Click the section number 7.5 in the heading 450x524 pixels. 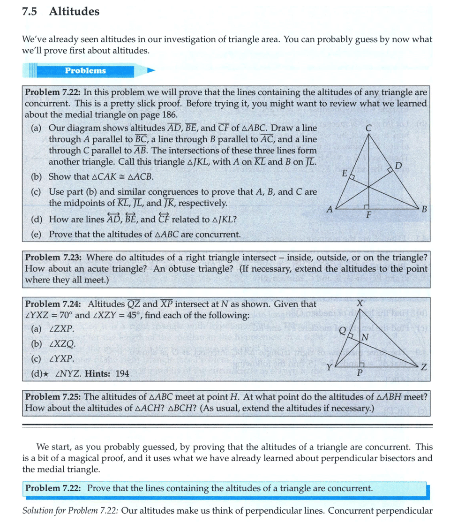(32, 12)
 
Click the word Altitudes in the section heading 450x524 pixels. (74, 12)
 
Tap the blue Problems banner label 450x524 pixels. (85, 71)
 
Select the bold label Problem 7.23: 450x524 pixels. (53, 257)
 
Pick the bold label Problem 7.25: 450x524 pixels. (53, 396)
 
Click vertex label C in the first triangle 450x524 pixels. (368, 127)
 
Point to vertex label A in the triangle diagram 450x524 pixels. (329, 211)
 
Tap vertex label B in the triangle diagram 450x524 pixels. (424, 209)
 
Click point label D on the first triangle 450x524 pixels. (398, 166)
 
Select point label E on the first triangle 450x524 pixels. (344, 174)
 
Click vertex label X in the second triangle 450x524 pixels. (360, 304)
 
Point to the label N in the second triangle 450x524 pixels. (365, 337)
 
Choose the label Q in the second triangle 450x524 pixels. (342, 331)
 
